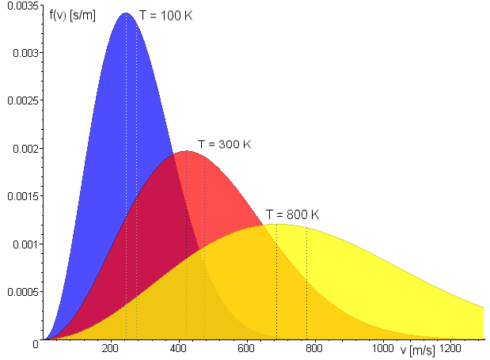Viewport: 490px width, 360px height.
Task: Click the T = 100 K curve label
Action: [x=165, y=15]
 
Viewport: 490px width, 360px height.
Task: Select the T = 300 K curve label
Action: [x=224, y=145]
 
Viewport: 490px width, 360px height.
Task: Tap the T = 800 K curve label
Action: [x=292, y=214]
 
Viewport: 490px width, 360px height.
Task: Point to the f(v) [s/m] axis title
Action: [x=72, y=15]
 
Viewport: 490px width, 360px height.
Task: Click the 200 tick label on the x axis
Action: [x=110, y=349]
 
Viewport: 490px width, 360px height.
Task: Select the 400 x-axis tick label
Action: [x=178, y=349]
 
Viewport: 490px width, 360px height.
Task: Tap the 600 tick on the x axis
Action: [x=246, y=349]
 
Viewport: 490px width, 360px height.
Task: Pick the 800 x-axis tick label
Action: [x=315, y=349]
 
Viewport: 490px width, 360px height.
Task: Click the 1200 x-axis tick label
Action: [x=451, y=349]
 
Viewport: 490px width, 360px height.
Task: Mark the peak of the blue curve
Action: [x=126, y=13]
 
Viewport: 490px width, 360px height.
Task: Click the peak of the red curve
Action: [x=186, y=151]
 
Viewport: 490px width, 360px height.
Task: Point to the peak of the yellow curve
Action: [x=276, y=225]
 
